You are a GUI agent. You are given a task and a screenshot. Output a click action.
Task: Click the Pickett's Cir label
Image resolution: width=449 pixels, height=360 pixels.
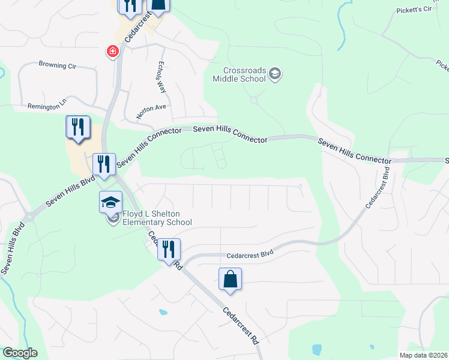click(414, 10)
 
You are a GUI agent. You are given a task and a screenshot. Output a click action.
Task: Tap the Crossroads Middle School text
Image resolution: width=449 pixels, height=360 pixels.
click(239, 74)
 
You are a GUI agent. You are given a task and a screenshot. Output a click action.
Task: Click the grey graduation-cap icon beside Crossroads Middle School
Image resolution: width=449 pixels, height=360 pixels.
click(275, 74)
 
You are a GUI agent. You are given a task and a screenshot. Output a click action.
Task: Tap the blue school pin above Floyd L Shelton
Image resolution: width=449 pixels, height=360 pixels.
click(110, 203)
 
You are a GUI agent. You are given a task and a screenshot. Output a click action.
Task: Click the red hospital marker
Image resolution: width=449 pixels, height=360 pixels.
click(112, 52)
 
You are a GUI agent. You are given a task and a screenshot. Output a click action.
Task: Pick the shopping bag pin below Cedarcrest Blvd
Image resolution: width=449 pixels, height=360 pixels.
click(230, 280)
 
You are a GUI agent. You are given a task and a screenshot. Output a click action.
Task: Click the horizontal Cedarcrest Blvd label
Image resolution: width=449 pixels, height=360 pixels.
click(250, 254)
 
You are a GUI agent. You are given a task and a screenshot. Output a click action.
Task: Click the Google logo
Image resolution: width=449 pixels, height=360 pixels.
click(20, 353)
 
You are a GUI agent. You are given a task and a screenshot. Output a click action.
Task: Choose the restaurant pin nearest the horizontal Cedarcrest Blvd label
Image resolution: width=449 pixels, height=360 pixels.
click(169, 249)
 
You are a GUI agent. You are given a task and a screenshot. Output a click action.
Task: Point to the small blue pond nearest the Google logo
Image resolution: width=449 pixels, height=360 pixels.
click(162, 312)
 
